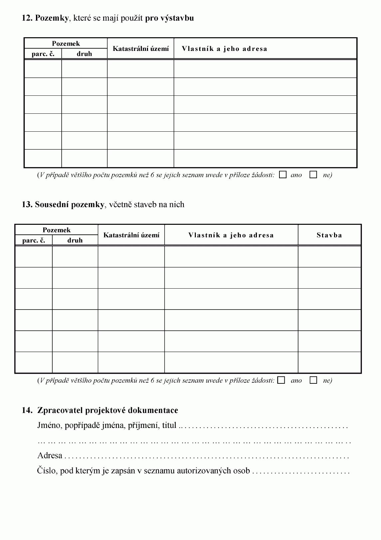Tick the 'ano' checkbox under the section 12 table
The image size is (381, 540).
tap(283, 175)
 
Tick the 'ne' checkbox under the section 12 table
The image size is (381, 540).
tap(313, 175)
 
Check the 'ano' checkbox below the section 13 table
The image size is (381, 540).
tap(281, 380)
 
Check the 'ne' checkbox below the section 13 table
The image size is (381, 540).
tap(313, 380)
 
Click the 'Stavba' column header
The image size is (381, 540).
tap(329, 235)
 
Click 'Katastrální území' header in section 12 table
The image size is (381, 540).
tap(141, 49)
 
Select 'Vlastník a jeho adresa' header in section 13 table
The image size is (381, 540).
tap(231, 235)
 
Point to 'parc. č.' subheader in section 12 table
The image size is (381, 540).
tap(43, 54)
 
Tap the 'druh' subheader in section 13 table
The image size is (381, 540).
tap(75, 240)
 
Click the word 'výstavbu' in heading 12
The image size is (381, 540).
tap(177, 18)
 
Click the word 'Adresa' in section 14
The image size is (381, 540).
tap(50, 456)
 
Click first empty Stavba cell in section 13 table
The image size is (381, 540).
tap(329, 256)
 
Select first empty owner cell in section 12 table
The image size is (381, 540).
tap(265, 69)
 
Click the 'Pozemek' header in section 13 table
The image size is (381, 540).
tap(57, 230)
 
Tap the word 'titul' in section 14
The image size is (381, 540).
tap(169, 425)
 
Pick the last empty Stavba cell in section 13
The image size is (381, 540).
tap(329, 362)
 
